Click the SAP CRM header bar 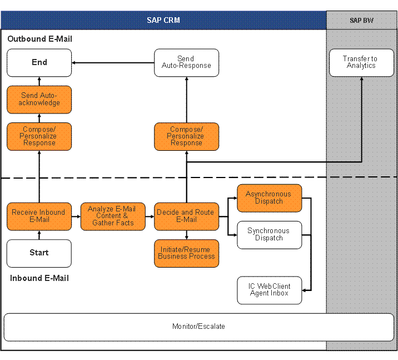(163, 21)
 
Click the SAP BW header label (361, 21)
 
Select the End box (39, 62)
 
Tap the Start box (39, 253)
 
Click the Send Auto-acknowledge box (39, 99)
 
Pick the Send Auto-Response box (186, 62)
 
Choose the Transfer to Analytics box (361, 62)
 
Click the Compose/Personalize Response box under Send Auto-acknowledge (39, 136)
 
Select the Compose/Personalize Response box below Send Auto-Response (186, 136)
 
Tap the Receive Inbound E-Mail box (39, 216)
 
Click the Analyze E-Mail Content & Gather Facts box (112, 216)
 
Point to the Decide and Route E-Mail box (186, 216)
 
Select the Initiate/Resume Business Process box (186, 253)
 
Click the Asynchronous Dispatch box (269, 198)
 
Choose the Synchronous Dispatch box (269, 234)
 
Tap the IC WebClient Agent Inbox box (269, 290)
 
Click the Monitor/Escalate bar (198, 327)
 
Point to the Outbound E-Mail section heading (39, 39)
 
